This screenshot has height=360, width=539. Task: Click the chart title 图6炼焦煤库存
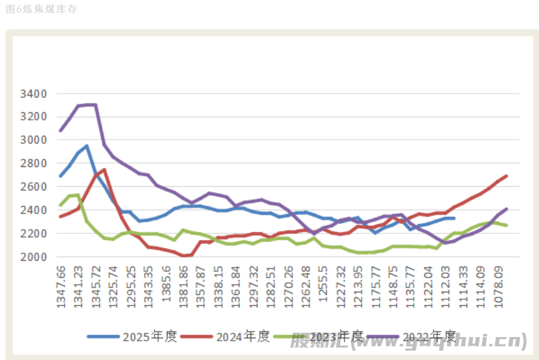(x=41, y=9)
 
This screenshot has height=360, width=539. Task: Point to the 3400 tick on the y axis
(x=33, y=94)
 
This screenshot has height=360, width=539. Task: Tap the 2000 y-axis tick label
(x=33, y=257)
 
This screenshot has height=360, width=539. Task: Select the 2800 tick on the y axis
(x=33, y=163)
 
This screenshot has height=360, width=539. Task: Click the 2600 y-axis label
(x=33, y=187)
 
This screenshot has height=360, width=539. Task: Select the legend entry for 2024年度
(x=243, y=336)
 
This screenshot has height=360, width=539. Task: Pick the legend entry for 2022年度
(x=429, y=336)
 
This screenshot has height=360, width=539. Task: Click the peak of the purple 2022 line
(x=87, y=104)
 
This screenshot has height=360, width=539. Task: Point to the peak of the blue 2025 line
(x=87, y=146)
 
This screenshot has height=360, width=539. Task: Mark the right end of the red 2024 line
(x=507, y=176)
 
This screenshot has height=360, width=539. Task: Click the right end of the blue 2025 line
(x=454, y=218)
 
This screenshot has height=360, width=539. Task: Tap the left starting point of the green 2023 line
(x=61, y=205)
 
